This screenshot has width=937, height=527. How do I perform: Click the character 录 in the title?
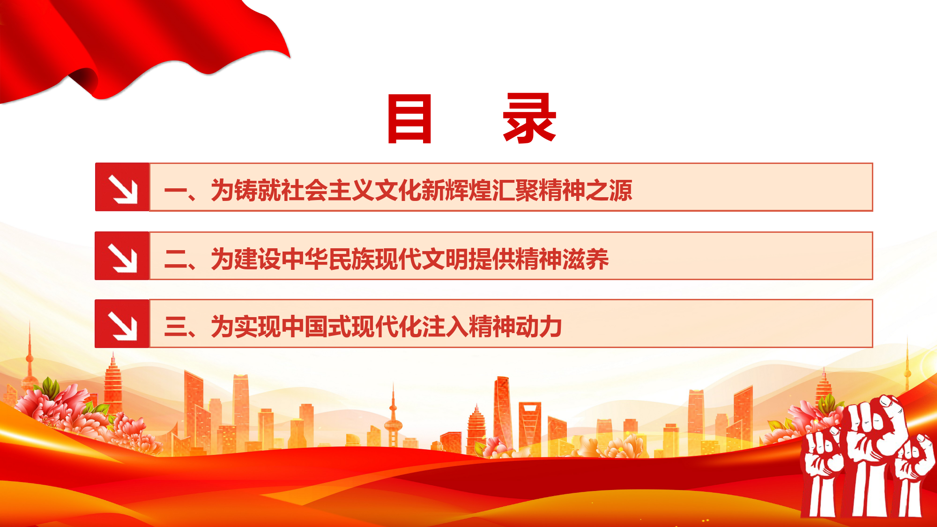click(529, 118)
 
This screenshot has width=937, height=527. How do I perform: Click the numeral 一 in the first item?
click(176, 191)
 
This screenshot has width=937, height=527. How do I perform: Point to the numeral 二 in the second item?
click(176, 259)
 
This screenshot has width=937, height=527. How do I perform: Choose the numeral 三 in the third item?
click(176, 327)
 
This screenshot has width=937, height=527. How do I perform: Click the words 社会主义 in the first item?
click(327, 190)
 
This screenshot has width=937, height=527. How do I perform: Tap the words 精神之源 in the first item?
click(585, 190)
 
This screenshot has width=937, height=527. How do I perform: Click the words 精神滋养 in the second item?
click(562, 259)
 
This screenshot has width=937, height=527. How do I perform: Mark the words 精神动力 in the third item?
click(515, 327)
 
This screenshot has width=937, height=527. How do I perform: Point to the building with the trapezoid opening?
click(530, 426)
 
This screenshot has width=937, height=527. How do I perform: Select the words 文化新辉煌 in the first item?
click(433, 190)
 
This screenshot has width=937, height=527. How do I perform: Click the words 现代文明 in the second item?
click(421, 259)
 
